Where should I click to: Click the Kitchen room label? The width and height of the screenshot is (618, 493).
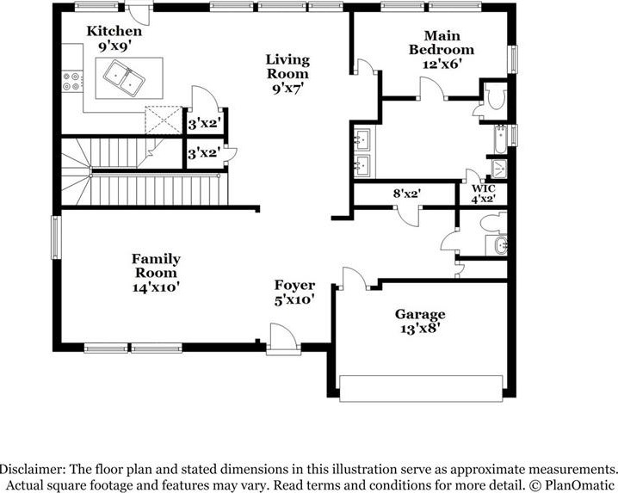tap(114, 31)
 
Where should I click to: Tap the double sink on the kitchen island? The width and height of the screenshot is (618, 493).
tap(124, 77)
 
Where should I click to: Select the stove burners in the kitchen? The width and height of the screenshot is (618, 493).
tap(72, 81)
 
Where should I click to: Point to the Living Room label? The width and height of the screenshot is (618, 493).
tap(287, 66)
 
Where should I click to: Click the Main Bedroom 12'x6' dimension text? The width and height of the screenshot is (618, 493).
tap(442, 65)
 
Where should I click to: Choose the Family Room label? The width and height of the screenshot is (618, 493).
tap(156, 266)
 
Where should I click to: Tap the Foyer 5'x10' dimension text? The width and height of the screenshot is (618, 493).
tap(294, 300)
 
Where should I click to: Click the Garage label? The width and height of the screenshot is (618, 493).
tap(420, 314)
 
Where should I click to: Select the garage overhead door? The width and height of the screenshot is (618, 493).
tap(421, 389)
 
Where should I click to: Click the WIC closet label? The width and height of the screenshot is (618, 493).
tap(484, 188)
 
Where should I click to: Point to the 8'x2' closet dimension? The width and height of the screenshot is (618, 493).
tap(407, 194)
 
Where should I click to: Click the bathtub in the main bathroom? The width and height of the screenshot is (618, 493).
tap(501, 139)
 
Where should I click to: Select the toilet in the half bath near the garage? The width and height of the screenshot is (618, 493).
tap(493, 223)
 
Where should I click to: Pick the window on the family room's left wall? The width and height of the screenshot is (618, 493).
tap(56, 237)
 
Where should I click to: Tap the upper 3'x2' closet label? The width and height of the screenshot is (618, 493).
tap(202, 125)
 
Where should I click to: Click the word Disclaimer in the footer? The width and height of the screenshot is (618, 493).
tap(33, 470)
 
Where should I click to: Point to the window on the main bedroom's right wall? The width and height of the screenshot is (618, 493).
tap(513, 59)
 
